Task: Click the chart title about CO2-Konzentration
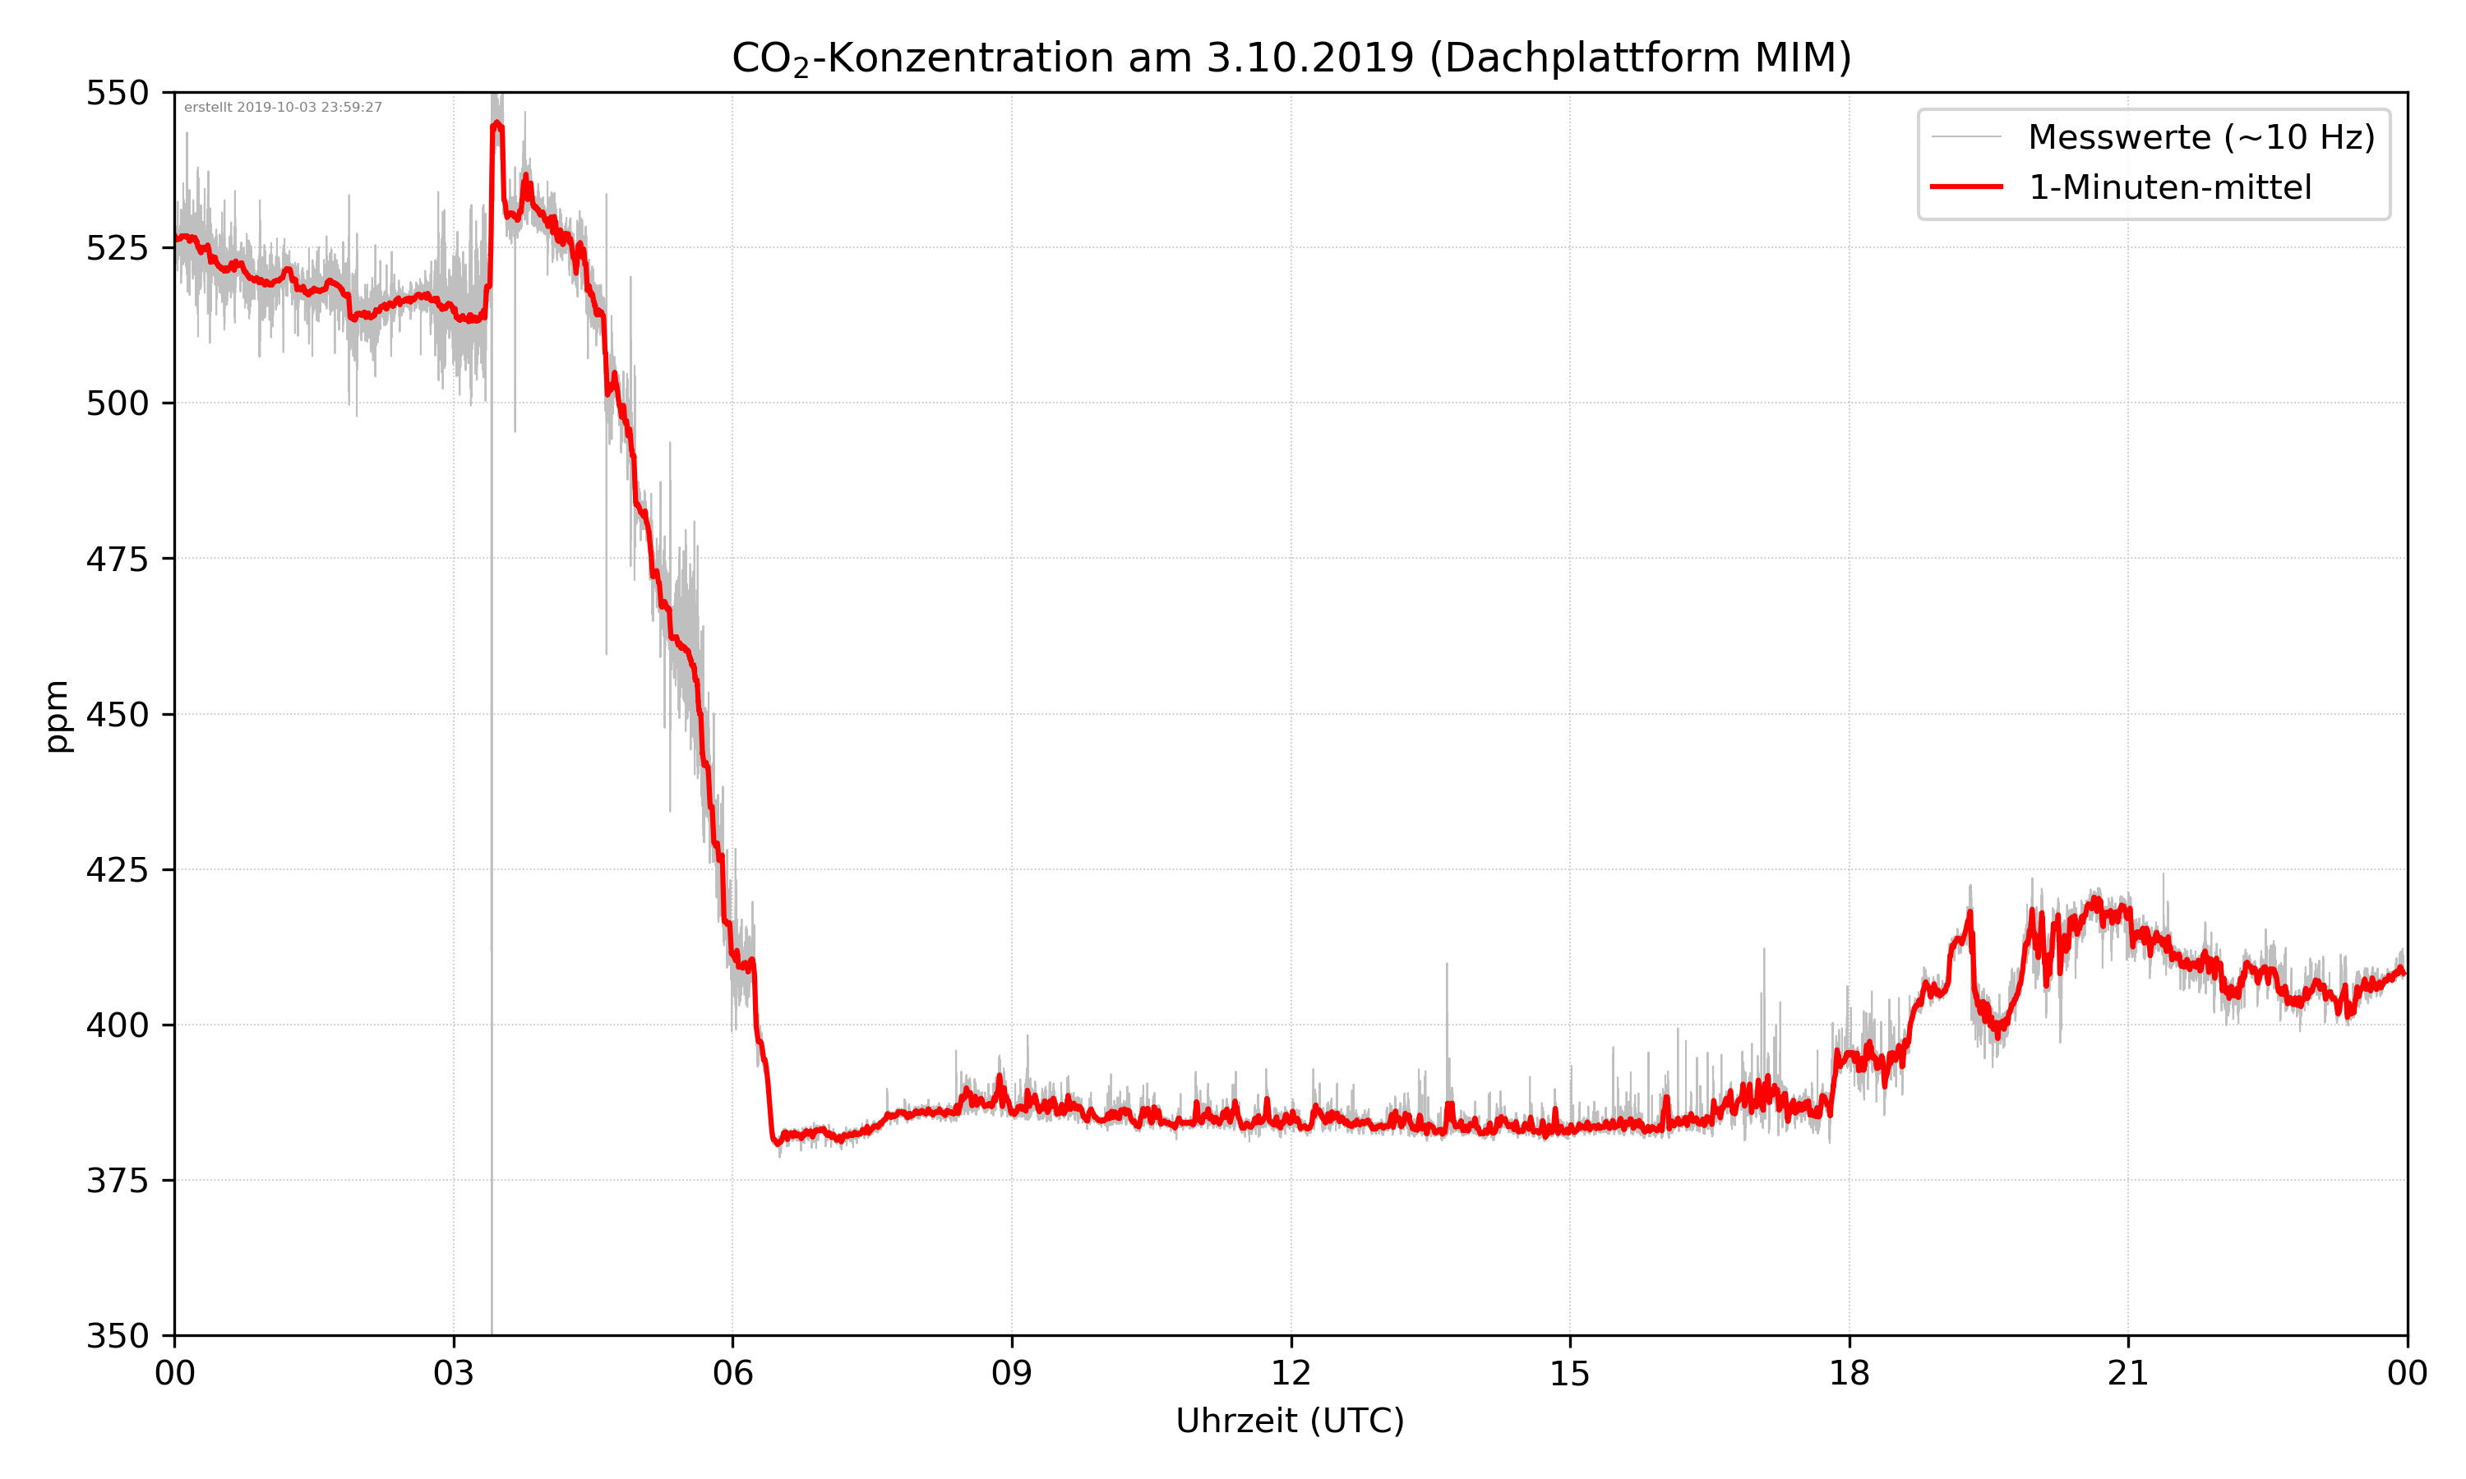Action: click(1291, 58)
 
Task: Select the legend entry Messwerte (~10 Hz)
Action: click(2200, 137)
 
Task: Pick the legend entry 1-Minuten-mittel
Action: click(2169, 187)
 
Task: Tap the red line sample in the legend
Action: click(1965, 187)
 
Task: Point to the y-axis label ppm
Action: click(58, 716)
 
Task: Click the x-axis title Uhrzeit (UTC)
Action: click(1290, 1420)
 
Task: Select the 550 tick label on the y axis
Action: click(117, 93)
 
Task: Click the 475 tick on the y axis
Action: click(117, 559)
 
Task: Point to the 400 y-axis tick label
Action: click(117, 1025)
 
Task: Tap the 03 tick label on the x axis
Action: click(454, 1373)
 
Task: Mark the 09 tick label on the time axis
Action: click(1012, 1373)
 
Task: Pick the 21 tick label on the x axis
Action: click(2128, 1373)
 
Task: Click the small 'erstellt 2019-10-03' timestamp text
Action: click(283, 108)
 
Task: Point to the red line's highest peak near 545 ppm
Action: click(496, 125)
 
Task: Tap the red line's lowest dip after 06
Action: click(778, 1143)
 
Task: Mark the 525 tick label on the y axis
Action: click(117, 248)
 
